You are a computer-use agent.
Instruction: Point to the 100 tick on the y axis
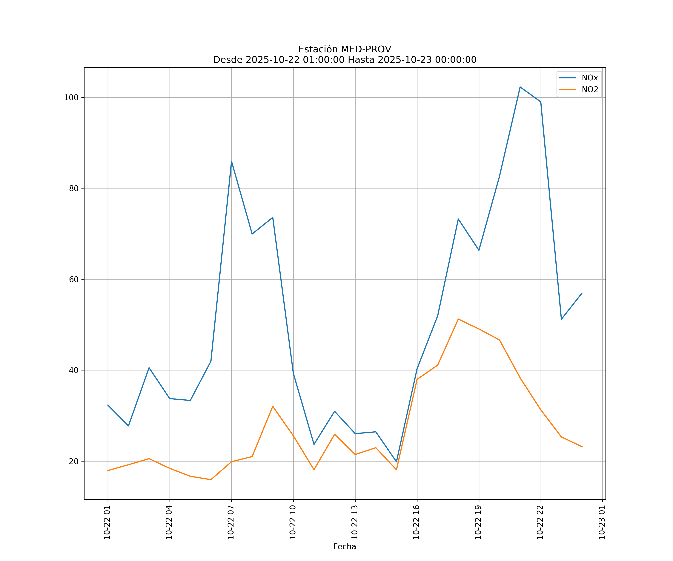71,97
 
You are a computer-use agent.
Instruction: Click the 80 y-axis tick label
74,188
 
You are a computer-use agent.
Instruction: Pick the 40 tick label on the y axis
74,370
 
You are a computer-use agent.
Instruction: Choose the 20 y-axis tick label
74,461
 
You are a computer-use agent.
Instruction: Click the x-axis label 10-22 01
107,522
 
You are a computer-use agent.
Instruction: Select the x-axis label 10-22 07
231,522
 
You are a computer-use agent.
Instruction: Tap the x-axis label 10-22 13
354,522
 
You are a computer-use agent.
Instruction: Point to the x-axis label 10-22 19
478,522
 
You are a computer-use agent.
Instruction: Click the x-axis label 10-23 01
602,522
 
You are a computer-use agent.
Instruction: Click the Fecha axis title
345,547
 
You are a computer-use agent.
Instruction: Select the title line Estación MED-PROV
345,49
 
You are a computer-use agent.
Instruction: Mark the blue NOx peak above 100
520,87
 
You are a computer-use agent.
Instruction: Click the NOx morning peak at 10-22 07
231,161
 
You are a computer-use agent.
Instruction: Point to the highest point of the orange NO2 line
458,319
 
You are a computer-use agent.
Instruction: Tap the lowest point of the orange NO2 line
210,480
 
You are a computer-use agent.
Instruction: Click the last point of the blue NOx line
582,293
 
